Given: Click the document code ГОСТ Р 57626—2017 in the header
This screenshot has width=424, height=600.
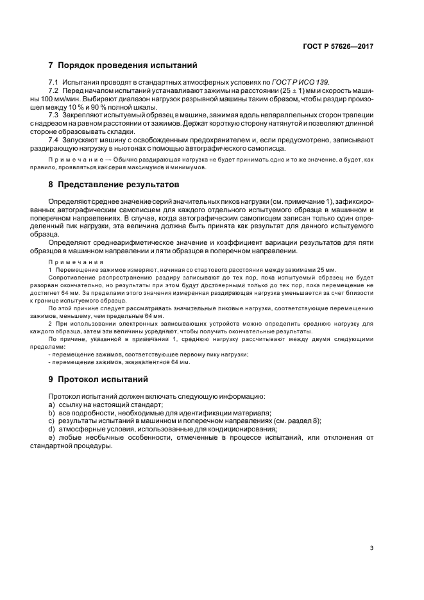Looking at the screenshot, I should pos(338,47).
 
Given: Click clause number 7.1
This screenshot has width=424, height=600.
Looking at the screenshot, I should pos(53,84).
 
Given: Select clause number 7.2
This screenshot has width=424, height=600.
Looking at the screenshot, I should pos(53,92).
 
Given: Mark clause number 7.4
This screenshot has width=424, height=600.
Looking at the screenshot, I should pos(53,139).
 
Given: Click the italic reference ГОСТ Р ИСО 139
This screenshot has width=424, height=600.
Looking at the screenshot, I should pos(301,84).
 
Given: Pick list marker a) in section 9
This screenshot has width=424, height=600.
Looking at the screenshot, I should pos(51,404).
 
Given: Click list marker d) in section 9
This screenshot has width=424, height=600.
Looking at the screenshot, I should pos(51,429).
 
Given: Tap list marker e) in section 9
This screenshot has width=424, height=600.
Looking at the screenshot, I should pos(51,437).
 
